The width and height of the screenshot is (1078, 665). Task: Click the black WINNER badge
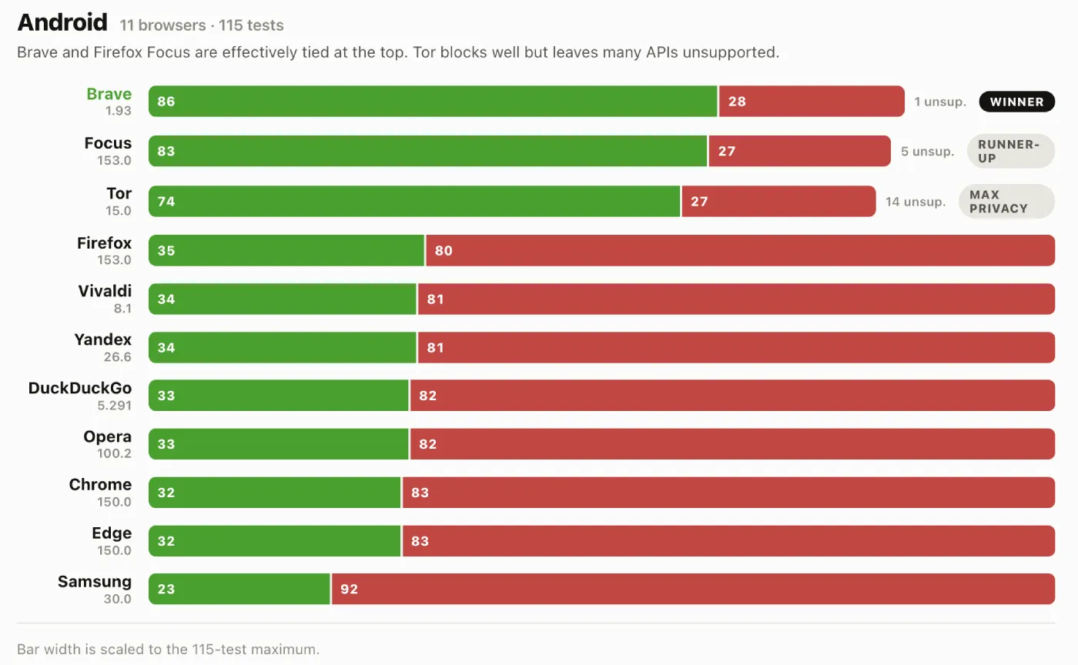(x=1016, y=102)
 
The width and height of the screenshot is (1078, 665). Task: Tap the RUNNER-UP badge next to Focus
(x=1010, y=151)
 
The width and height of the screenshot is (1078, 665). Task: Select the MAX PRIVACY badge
(x=1006, y=202)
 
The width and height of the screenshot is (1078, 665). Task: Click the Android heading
(x=62, y=22)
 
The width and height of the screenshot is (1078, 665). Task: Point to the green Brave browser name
(x=109, y=94)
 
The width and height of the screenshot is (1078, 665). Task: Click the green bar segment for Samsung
(x=239, y=589)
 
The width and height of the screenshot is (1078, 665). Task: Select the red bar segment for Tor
(x=778, y=201)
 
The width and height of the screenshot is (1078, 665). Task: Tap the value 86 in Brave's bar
(x=166, y=102)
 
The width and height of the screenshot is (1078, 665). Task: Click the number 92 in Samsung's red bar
(x=349, y=589)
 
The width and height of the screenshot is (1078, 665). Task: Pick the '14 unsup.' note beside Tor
(x=916, y=202)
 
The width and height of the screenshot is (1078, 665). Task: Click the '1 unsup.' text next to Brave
(x=940, y=102)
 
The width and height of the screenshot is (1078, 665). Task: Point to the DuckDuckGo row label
(x=80, y=388)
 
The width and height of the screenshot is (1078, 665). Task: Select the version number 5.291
(x=115, y=405)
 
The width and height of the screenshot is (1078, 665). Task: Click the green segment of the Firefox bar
(x=286, y=250)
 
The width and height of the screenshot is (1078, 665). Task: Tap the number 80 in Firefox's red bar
(x=444, y=251)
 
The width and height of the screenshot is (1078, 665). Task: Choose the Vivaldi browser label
(x=105, y=291)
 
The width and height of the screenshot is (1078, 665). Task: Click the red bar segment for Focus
(x=800, y=151)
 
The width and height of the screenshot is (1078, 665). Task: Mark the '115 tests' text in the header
(x=251, y=25)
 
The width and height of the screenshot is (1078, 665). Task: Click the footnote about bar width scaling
(x=169, y=649)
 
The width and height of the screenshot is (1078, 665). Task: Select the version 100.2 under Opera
(x=115, y=453)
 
